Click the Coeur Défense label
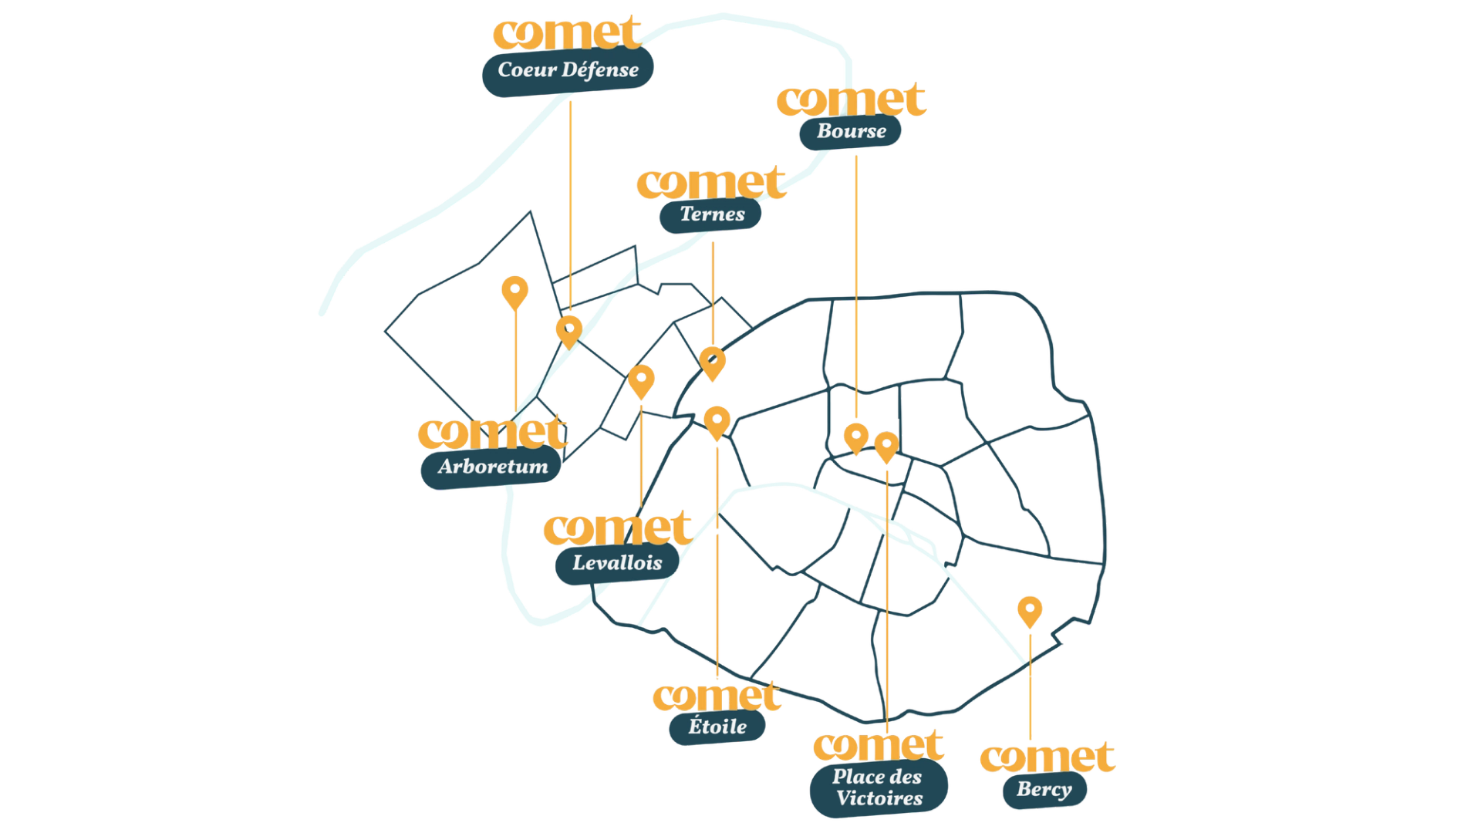tap(568, 70)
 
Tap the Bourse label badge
tap(850, 131)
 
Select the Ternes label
tap(710, 214)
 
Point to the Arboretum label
tap(491, 466)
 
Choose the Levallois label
tap(617, 562)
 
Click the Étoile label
tap(717, 727)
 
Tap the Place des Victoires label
tap(879, 787)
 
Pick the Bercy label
tap(1044, 789)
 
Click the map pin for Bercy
tap(1030, 612)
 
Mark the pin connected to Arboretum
tap(514, 292)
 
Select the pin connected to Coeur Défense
tap(569, 332)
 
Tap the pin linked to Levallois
tap(641, 381)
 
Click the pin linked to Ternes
tap(712, 363)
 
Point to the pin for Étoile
tap(717, 423)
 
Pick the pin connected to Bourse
tap(855, 438)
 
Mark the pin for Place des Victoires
tap(886, 447)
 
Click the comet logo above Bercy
tap(1047, 757)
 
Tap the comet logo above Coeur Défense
tap(567, 33)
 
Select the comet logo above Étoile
tap(717, 696)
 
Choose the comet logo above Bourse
tap(852, 100)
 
